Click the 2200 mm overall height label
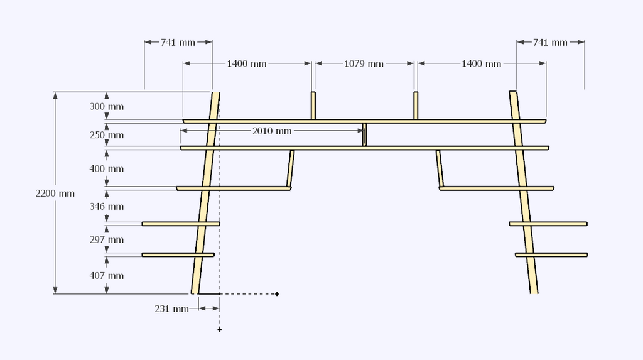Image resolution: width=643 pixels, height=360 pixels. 55,194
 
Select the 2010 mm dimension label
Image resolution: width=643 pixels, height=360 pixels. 272,131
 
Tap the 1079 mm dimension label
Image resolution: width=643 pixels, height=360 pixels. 364,63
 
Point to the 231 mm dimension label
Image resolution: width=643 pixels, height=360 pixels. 171,309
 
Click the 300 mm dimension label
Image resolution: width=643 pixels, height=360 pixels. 107,107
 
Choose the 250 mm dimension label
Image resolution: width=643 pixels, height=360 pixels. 107,136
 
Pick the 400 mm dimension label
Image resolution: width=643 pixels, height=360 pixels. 107,169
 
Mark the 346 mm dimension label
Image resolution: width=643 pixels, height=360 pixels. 107,207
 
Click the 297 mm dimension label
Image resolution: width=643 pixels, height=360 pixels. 107,240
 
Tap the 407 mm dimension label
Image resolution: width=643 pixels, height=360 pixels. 107,276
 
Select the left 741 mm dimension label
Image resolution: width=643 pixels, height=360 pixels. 178,43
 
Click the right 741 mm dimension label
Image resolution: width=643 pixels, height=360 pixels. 550,43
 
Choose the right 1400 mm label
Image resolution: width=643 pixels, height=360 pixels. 482,63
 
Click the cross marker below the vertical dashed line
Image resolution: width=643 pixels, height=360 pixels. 220,330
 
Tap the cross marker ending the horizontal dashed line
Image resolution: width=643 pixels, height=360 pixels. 277,293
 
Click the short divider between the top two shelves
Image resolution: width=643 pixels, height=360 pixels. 365,134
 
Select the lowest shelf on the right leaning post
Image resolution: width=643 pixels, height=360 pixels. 551,254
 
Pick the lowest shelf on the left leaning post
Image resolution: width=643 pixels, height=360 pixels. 178,254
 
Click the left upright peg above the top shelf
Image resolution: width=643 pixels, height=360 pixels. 313,106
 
